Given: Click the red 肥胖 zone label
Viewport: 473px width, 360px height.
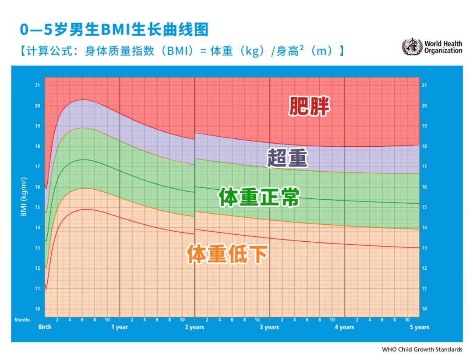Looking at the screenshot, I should click(309, 106).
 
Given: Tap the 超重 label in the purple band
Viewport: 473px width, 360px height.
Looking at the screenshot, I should click(288, 158).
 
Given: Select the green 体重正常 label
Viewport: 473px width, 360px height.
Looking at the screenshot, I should click(259, 198).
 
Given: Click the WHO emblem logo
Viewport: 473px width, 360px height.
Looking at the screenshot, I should click(412, 47).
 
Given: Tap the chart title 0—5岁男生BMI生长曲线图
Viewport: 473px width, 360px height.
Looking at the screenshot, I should click(114, 30).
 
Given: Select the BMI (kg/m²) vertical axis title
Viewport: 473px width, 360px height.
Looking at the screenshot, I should click(24, 197).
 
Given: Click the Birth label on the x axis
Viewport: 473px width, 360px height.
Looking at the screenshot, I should click(45, 327).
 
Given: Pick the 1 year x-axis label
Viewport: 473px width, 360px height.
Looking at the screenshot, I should click(119, 327).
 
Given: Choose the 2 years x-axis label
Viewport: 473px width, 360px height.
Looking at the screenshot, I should click(194, 327).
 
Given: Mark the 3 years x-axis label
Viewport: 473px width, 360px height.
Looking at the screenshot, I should click(269, 327).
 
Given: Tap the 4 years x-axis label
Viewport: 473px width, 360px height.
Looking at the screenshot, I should click(344, 327).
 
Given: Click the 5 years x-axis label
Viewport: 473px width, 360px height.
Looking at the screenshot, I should click(419, 327).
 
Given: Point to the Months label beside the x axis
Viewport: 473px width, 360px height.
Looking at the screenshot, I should click(22, 320).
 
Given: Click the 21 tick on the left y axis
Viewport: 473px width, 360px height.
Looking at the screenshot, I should click(38, 85).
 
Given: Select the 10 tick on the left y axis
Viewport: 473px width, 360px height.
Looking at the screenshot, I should click(38, 309).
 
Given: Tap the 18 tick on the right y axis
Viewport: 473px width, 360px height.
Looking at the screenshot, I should click(424, 146).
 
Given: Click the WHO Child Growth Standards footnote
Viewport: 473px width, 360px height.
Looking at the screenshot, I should click(422, 349).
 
